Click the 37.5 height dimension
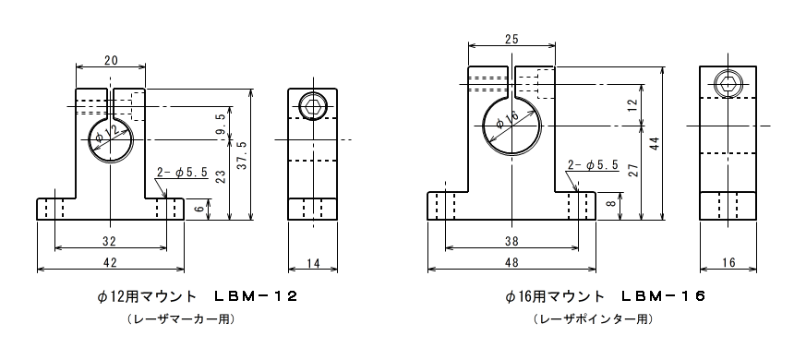coord(242,154)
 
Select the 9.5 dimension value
coord(221,123)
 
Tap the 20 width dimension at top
coord(111,60)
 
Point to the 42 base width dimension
coord(111,262)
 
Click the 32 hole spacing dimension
coord(110,242)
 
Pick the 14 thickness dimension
coord(314,262)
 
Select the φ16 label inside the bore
coord(508,119)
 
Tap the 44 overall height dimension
coord(656,143)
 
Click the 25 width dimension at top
coord(512,40)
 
